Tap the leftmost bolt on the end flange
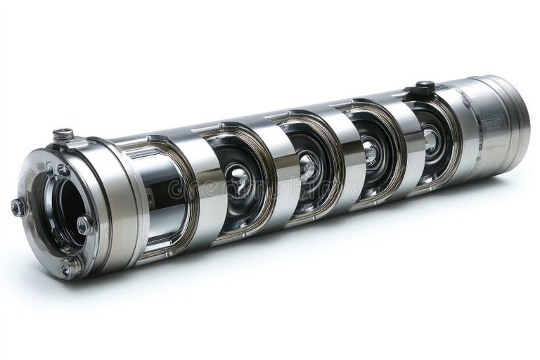[x=18, y=207]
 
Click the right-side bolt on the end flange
[x=84, y=225]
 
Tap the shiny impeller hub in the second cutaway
[x=239, y=181]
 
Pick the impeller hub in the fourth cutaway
[x=371, y=150]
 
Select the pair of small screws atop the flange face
[x=56, y=169]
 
